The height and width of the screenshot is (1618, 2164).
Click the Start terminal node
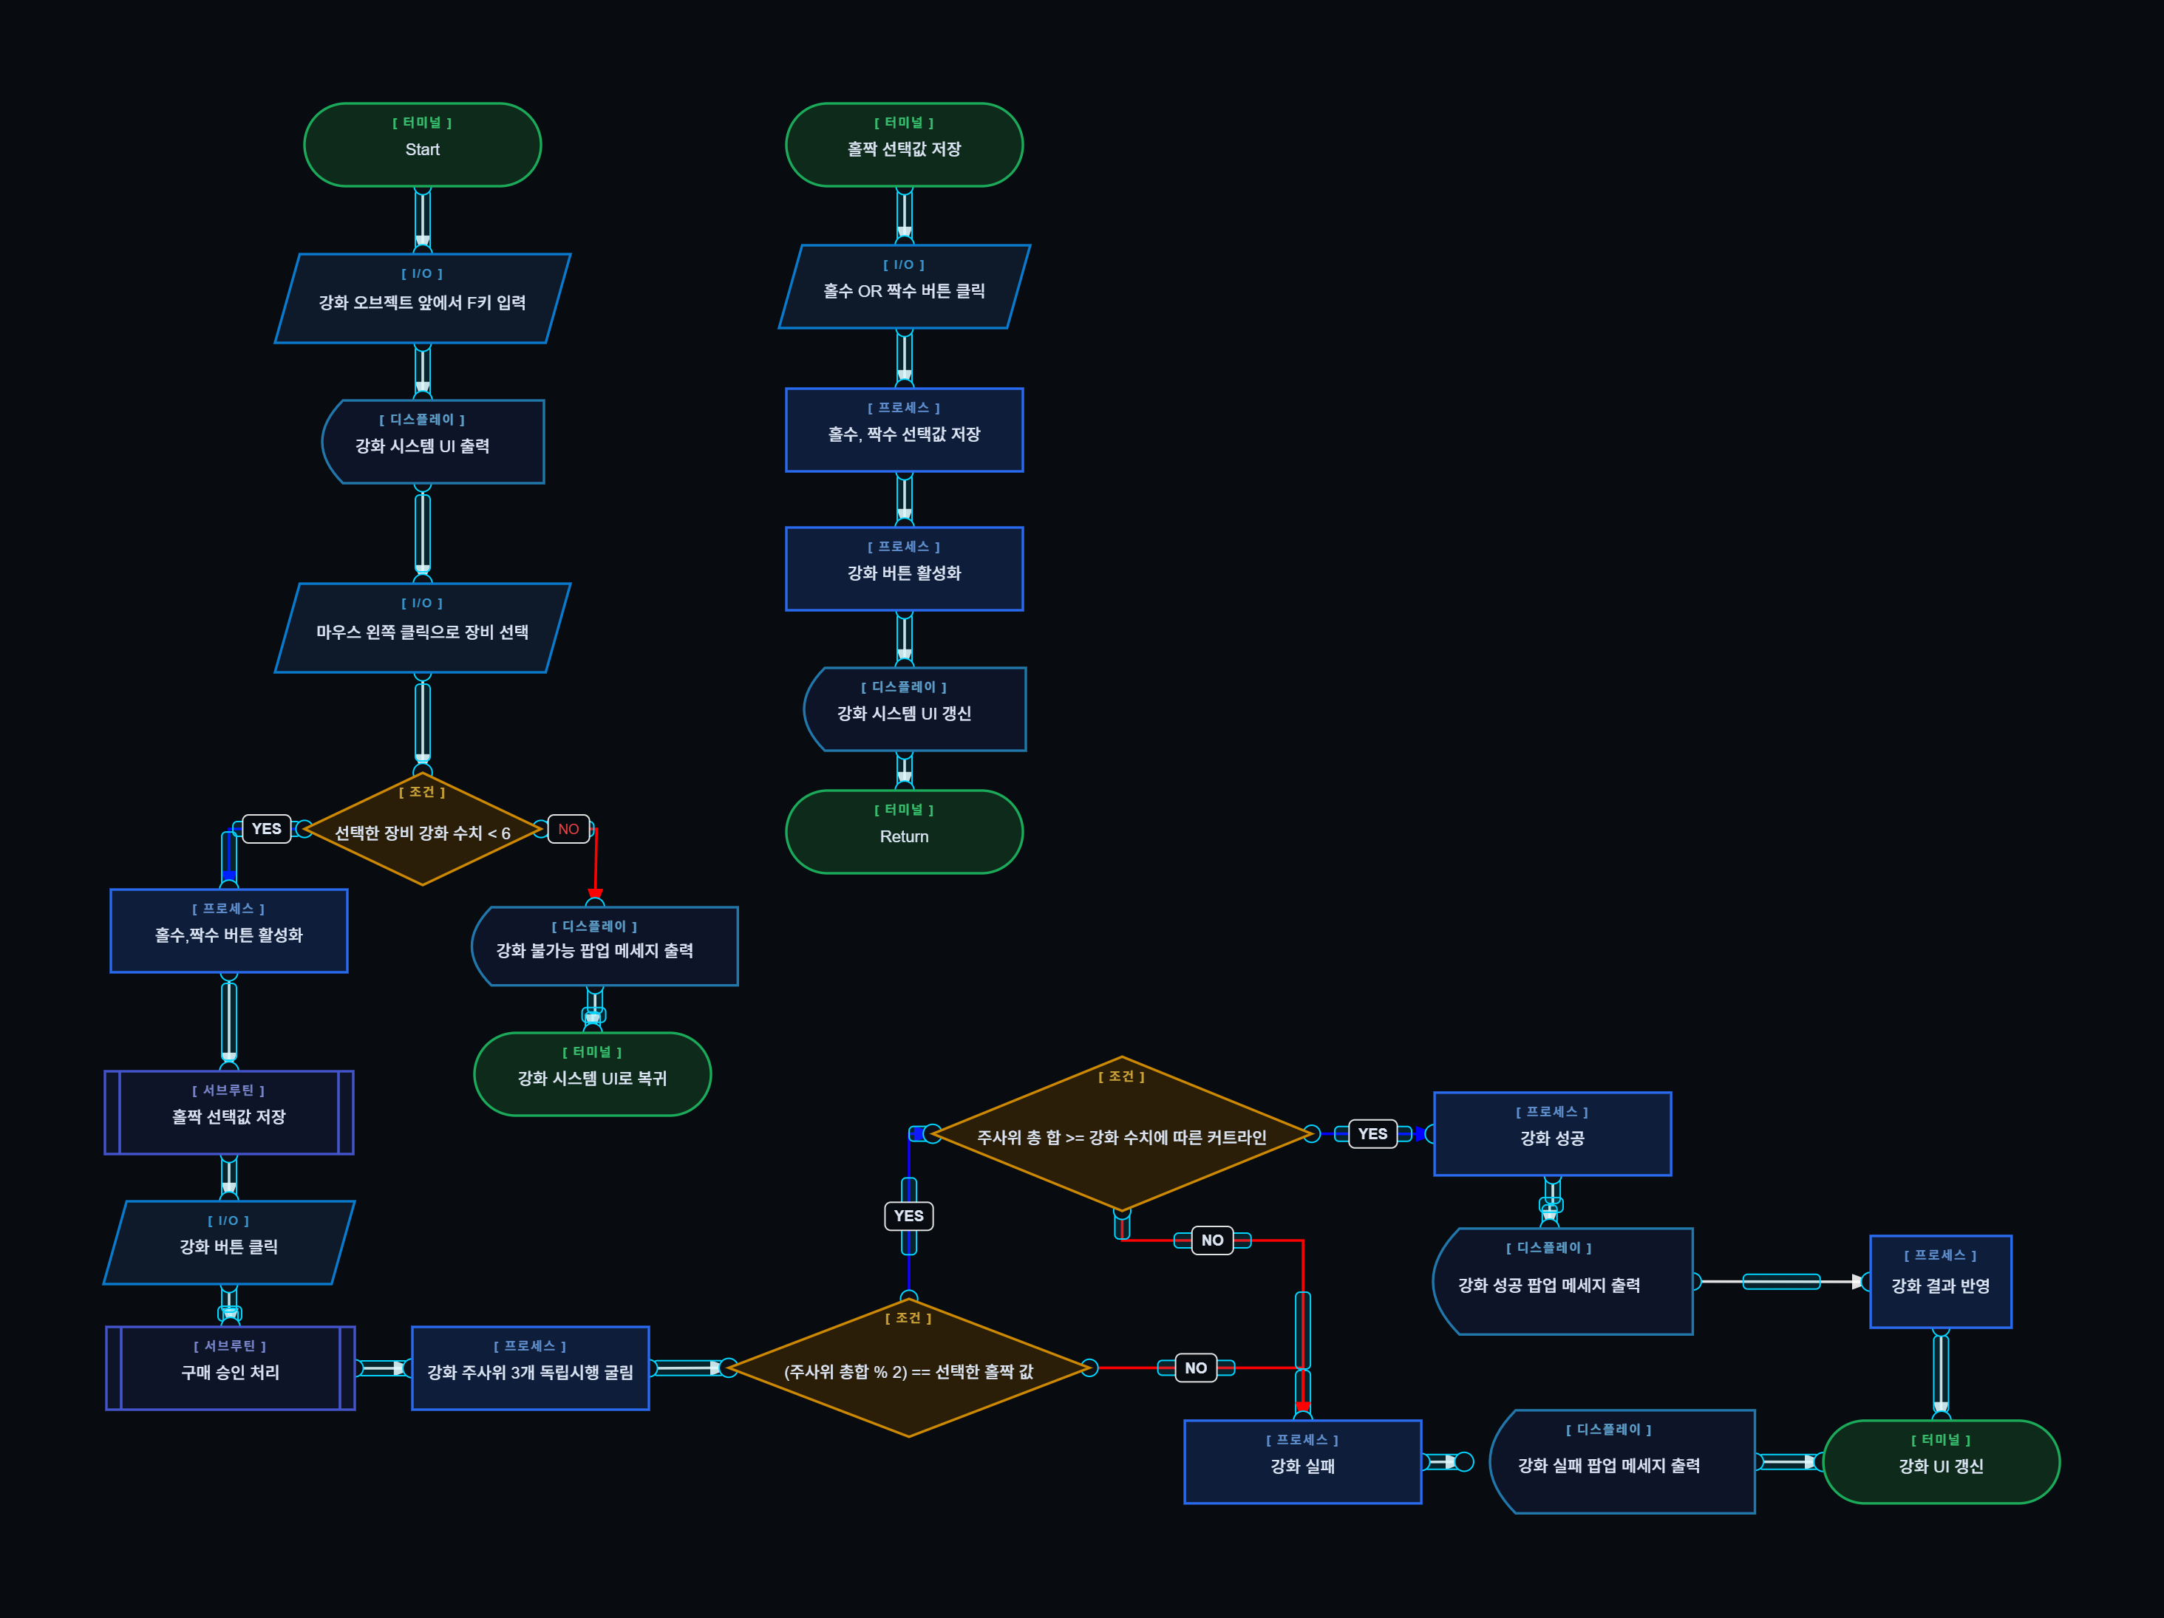[423, 145]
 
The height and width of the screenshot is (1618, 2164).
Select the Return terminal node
[904, 831]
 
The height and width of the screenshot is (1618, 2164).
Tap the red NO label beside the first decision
[568, 828]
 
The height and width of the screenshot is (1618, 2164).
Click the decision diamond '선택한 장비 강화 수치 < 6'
[423, 830]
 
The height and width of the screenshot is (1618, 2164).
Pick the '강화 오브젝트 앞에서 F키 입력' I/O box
[423, 298]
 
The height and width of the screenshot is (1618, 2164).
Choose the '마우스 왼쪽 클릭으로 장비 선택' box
[423, 628]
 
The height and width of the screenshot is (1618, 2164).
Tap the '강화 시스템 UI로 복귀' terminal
[592, 1074]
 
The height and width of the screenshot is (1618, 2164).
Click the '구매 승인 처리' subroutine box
[230, 1368]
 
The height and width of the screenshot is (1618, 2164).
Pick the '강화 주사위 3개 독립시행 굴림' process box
[530, 1368]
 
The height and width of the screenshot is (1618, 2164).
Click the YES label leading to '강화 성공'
[1372, 1134]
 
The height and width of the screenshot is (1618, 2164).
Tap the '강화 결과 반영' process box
[1940, 1282]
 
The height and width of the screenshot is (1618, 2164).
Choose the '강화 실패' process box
[1302, 1461]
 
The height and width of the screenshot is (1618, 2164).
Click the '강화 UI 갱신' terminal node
[1941, 1461]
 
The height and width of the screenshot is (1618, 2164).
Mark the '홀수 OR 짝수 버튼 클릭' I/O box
[904, 287]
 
